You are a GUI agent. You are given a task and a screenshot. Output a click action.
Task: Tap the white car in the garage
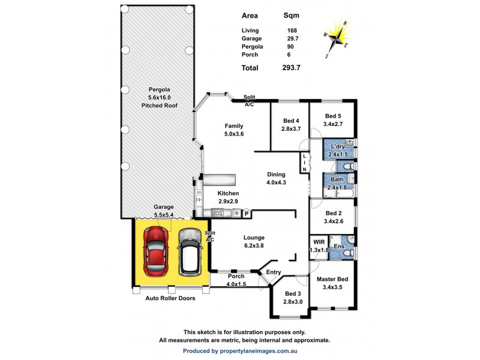coord(190,252)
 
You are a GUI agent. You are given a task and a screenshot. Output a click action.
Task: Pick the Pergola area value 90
coord(290,47)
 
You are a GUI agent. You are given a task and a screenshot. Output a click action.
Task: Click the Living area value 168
coord(292,30)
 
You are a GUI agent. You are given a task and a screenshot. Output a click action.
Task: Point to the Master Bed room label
coord(334,279)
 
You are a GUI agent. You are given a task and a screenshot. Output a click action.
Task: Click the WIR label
coord(319,242)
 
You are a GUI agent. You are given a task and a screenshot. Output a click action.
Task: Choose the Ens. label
coord(339,246)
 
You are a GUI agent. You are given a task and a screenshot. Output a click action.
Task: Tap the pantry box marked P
coord(246,213)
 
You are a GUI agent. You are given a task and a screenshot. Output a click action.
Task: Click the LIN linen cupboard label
coord(304,163)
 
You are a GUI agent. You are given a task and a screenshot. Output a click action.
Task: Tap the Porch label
coord(235,276)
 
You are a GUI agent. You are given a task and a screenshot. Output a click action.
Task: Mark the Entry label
coord(274,272)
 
